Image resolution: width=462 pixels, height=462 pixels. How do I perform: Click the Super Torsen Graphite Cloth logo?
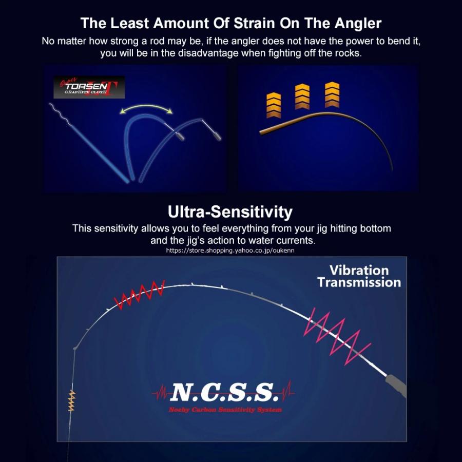[x=89, y=87]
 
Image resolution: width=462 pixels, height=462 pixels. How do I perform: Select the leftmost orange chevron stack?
[x=274, y=105]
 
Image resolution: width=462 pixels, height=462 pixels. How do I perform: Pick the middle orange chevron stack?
[x=302, y=97]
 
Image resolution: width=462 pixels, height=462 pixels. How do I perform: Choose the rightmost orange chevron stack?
[x=332, y=94]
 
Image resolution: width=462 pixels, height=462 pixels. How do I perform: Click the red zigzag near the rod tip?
[x=139, y=295]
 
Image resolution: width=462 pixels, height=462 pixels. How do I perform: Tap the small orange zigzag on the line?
[x=71, y=401]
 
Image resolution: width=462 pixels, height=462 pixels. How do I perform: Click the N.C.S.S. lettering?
[x=224, y=393]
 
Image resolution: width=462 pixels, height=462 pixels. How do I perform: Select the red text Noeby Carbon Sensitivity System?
[x=225, y=410]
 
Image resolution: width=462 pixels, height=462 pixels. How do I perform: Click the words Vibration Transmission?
[x=359, y=276]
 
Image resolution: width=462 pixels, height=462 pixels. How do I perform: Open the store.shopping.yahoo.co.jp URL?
[x=230, y=251]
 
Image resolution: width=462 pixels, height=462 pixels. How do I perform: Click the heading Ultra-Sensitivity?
[x=230, y=211]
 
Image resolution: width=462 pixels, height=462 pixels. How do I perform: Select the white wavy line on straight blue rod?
[x=60, y=114]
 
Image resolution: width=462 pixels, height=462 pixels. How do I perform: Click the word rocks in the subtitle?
[x=348, y=53]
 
